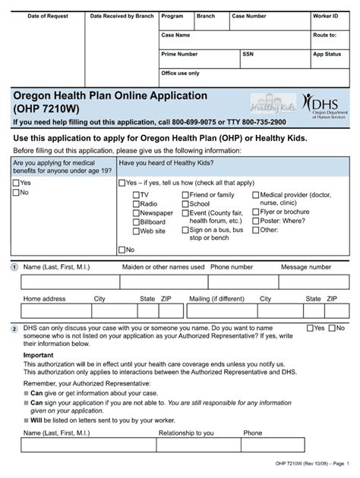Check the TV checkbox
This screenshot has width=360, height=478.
134,195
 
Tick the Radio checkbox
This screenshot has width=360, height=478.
134,204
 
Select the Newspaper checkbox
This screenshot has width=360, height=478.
134,213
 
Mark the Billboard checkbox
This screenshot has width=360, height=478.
134,222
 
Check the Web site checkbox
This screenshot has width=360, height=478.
134,231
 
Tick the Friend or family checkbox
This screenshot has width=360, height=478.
185,195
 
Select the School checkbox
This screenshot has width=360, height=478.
185,204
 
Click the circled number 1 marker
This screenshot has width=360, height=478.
14,268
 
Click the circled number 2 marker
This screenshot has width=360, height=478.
14,329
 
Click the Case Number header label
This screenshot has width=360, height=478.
248,16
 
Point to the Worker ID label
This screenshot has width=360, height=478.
325,16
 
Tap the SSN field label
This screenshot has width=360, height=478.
248,55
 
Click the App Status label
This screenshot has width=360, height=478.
327,55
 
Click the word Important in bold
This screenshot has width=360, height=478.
38,355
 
